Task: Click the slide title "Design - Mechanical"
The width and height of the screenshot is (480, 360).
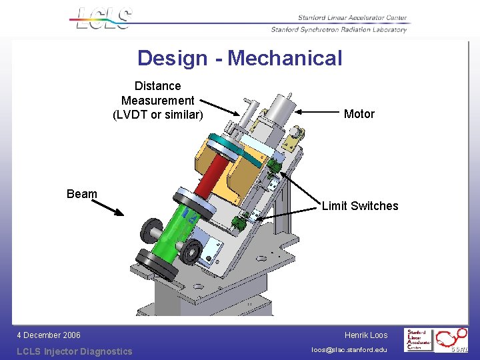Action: (239, 58)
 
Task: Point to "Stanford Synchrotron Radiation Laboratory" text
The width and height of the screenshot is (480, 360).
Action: (339, 29)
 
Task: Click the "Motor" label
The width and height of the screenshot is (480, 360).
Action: (359, 114)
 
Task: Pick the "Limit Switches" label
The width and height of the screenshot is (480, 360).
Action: (360, 206)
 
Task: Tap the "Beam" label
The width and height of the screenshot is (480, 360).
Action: (82, 194)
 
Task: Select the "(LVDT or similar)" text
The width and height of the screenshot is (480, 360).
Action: (157, 115)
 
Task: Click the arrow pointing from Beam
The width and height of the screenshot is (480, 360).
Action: (107, 205)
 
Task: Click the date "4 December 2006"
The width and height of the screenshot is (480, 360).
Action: (49, 335)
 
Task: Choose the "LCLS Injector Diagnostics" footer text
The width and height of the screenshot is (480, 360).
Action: (75, 351)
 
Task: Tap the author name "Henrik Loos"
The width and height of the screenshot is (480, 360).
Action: (366, 335)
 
